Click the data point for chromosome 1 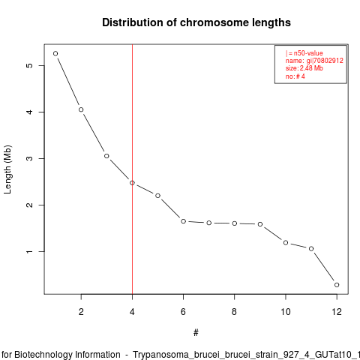[x=55, y=53]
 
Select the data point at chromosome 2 [x=81, y=109]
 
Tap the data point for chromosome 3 [x=106, y=156]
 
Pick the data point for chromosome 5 [x=157, y=196]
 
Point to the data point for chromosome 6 [x=183, y=221]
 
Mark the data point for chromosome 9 [x=260, y=224]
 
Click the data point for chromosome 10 [x=286, y=243]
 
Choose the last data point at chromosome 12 [x=337, y=285]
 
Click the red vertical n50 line [x=132, y=169]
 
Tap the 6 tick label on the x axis [x=183, y=312]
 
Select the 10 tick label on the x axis [x=286, y=312]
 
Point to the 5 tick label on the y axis [x=29, y=65]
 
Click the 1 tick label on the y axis [x=29, y=251]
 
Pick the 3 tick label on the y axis [x=29, y=158]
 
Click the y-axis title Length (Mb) [x=7, y=169]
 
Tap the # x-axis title [x=196, y=333]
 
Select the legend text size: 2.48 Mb [x=304, y=68]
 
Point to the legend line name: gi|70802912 [x=314, y=61]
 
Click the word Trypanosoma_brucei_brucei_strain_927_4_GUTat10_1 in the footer [x=246, y=355]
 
